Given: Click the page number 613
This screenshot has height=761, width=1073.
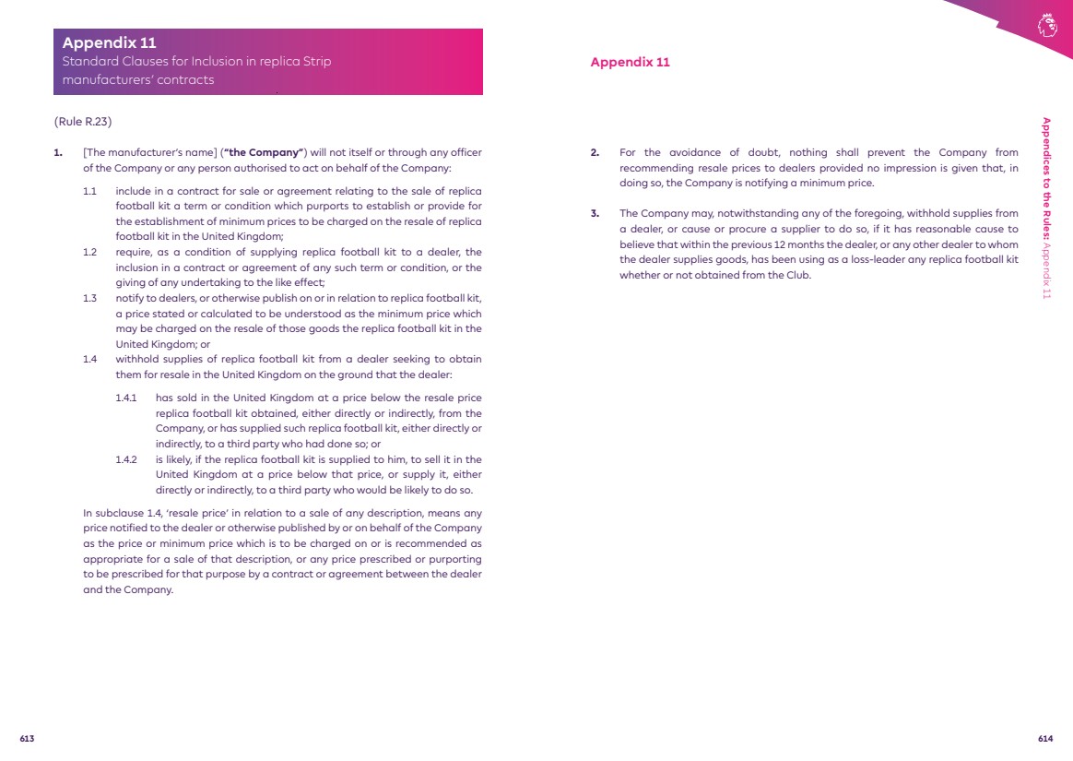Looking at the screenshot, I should pyautogui.click(x=27, y=739).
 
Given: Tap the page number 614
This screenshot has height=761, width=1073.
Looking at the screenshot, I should pyautogui.click(x=1045, y=739).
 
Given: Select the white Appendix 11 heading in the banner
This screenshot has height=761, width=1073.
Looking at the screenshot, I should pyautogui.click(x=109, y=42).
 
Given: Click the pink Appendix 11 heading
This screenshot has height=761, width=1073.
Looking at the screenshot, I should pyautogui.click(x=630, y=63).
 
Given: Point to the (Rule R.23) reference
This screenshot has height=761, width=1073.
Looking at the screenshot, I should pyautogui.click(x=83, y=122).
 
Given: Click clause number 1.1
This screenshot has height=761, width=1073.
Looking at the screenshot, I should pyautogui.click(x=89, y=191).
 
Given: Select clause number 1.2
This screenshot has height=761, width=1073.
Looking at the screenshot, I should pyautogui.click(x=89, y=252).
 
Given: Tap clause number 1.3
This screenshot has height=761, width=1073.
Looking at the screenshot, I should pyautogui.click(x=89, y=298).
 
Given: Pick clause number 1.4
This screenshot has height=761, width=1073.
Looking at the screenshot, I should pyautogui.click(x=89, y=359).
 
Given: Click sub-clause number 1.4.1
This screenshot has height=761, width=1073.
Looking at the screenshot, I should pyautogui.click(x=126, y=398).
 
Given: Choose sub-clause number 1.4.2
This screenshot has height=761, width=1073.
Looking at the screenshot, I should pyautogui.click(x=126, y=459).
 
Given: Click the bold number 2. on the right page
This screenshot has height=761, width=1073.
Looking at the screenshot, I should pyautogui.click(x=595, y=152).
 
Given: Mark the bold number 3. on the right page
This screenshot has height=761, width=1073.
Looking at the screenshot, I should pyautogui.click(x=595, y=214).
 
